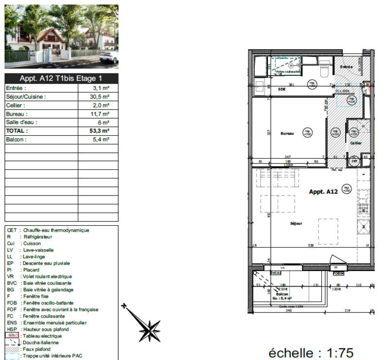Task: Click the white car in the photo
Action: (x=108, y=58)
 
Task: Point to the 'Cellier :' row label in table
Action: (x=16, y=106)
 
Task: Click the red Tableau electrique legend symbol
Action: (x=12, y=336)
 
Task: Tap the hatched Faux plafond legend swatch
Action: (x=12, y=349)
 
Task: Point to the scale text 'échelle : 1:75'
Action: (x=311, y=352)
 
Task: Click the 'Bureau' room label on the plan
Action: (x=287, y=133)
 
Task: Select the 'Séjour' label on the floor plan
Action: (x=296, y=223)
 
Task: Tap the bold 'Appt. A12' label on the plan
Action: (x=323, y=192)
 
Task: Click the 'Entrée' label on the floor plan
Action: (x=346, y=67)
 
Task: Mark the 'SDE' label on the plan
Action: (x=282, y=90)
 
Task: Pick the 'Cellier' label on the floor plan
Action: (x=355, y=143)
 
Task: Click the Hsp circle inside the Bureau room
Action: (x=307, y=132)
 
